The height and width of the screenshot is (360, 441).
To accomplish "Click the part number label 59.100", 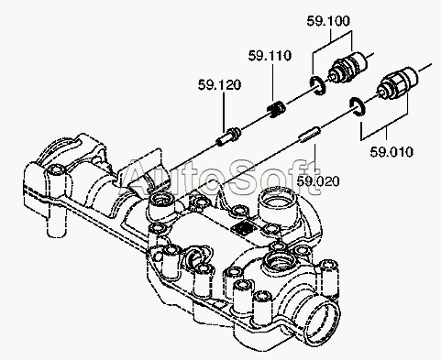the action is [328, 21].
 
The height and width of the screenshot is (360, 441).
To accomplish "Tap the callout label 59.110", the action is [270, 56].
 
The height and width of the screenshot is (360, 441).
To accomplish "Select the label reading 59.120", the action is [219, 84].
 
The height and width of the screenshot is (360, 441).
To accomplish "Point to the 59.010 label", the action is [391, 152].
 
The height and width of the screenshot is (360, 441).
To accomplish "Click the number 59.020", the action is [318, 181].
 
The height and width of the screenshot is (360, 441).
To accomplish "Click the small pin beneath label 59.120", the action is [228, 136].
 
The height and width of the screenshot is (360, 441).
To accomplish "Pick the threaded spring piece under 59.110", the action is [276, 109].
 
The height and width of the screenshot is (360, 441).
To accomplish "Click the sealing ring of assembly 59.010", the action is [357, 107].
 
